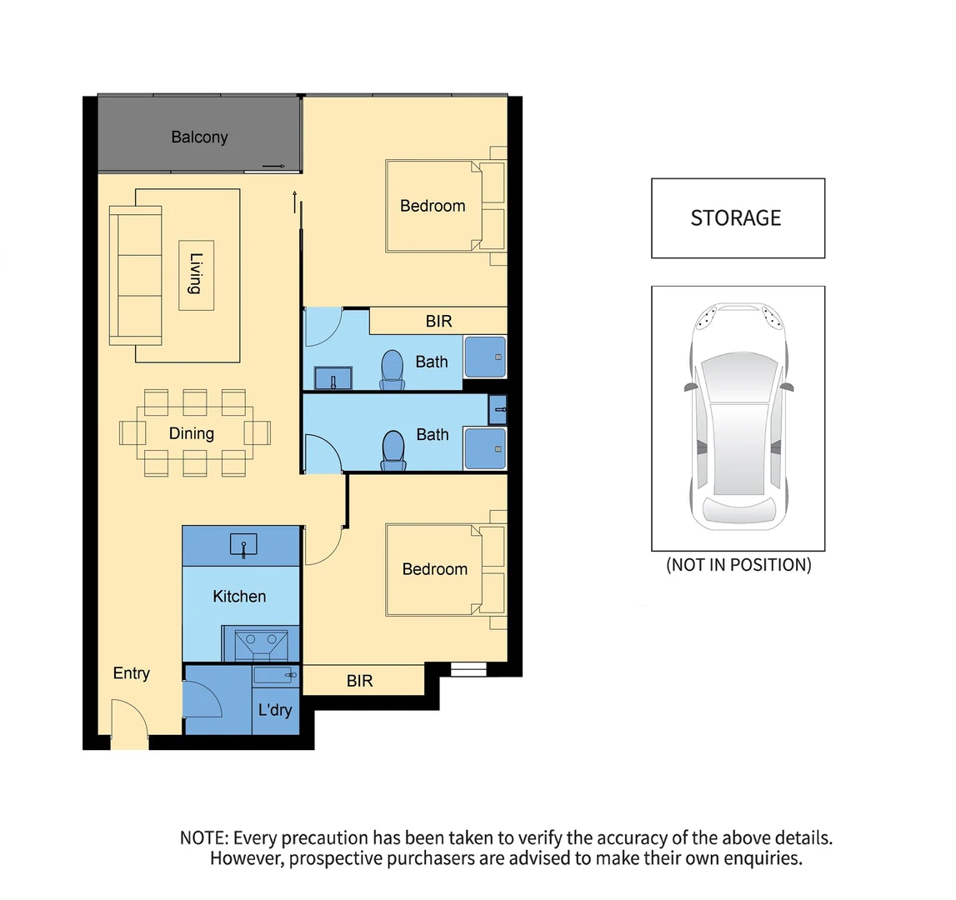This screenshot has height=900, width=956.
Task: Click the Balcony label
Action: pyautogui.click(x=199, y=137)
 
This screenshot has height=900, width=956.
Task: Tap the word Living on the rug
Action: pyautogui.click(x=195, y=274)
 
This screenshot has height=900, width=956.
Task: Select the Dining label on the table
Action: pyautogui.click(x=191, y=433)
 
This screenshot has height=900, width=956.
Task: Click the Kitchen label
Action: pyautogui.click(x=239, y=597)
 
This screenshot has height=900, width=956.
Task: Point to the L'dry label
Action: pyautogui.click(x=275, y=710)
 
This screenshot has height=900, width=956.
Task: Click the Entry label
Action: pyautogui.click(x=131, y=673)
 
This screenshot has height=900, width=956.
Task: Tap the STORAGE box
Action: pyautogui.click(x=737, y=218)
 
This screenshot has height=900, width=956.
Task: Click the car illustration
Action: pyautogui.click(x=738, y=417)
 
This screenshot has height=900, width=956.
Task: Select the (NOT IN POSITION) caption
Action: pyautogui.click(x=738, y=565)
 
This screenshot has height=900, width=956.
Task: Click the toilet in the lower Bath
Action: pyautogui.click(x=393, y=450)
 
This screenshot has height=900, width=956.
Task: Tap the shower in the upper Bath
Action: pyautogui.click(x=484, y=357)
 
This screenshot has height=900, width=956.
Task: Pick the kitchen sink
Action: pyautogui.click(x=243, y=546)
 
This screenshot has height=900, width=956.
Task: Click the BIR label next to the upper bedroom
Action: pyautogui.click(x=438, y=321)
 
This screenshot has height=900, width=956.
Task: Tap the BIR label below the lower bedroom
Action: pyautogui.click(x=359, y=681)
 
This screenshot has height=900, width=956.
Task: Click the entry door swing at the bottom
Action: pyautogui.click(x=129, y=721)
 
